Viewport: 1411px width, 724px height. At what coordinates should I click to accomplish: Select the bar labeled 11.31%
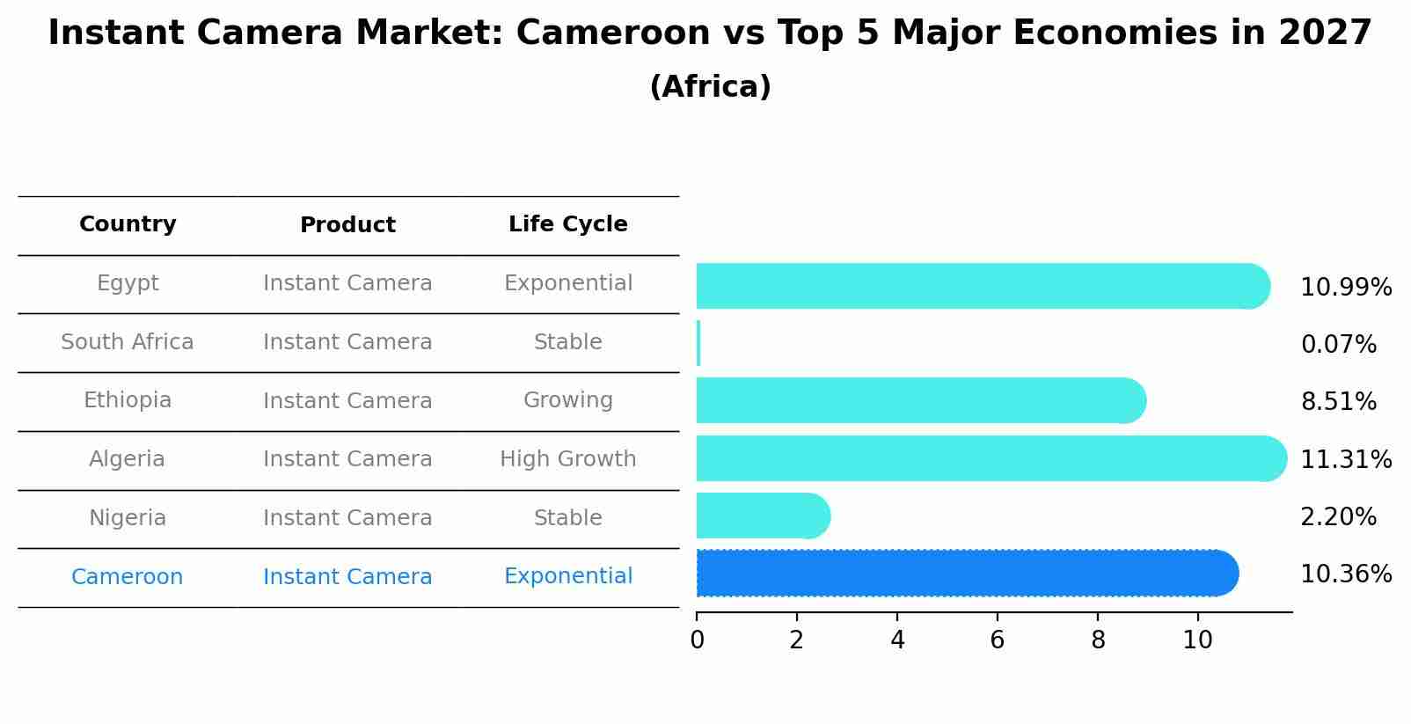[991, 458]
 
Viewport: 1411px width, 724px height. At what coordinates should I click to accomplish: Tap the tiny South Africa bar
[698, 343]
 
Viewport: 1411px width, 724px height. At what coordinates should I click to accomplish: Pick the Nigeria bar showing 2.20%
[762, 516]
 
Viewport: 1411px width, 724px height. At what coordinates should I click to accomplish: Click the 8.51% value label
[1338, 402]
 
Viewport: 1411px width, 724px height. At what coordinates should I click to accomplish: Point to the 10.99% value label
[1345, 288]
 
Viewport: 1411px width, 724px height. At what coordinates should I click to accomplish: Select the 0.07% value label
[1338, 345]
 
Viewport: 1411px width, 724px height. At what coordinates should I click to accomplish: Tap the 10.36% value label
[1345, 574]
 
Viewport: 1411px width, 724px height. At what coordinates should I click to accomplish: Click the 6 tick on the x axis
[997, 640]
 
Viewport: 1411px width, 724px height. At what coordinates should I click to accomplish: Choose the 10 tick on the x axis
[1197, 640]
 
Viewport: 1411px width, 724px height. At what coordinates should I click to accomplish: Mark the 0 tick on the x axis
[697, 640]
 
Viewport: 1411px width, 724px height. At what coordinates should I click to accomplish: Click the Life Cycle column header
[567, 224]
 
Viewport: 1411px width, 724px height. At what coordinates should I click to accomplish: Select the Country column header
[128, 224]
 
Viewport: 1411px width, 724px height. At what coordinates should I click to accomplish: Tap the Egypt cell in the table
[128, 283]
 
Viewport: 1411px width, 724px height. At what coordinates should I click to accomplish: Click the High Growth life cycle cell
[567, 459]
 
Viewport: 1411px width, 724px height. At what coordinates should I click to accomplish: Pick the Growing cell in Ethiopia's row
[567, 400]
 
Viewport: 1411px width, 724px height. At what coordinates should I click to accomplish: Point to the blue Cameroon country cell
[128, 577]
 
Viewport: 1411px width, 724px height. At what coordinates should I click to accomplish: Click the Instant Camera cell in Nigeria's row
[347, 518]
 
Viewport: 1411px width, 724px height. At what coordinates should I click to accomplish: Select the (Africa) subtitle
[710, 87]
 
